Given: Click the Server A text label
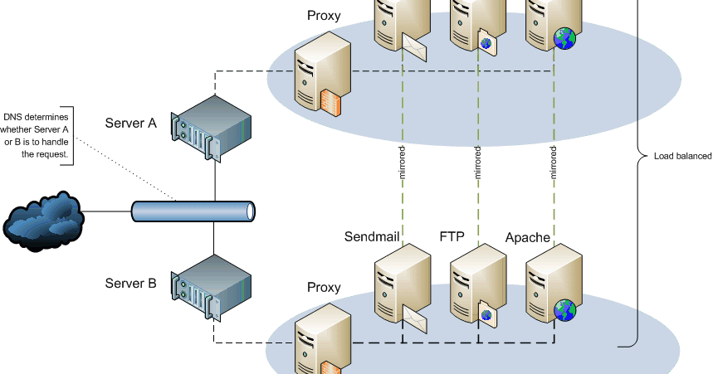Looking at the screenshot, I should [x=130, y=124].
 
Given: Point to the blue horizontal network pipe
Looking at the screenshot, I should [x=193, y=211].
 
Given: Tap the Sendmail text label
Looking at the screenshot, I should [x=373, y=237].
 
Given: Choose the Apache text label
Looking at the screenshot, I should [x=528, y=237].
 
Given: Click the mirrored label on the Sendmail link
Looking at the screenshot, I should [x=402, y=163].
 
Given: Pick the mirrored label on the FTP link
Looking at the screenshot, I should [x=477, y=163].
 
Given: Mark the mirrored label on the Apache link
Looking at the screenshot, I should [x=554, y=163].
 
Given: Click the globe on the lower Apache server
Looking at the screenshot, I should [x=565, y=310].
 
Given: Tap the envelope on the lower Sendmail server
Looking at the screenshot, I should [x=414, y=317].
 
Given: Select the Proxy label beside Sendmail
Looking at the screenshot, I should [x=324, y=287].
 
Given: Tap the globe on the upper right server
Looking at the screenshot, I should [x=564, y=36].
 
